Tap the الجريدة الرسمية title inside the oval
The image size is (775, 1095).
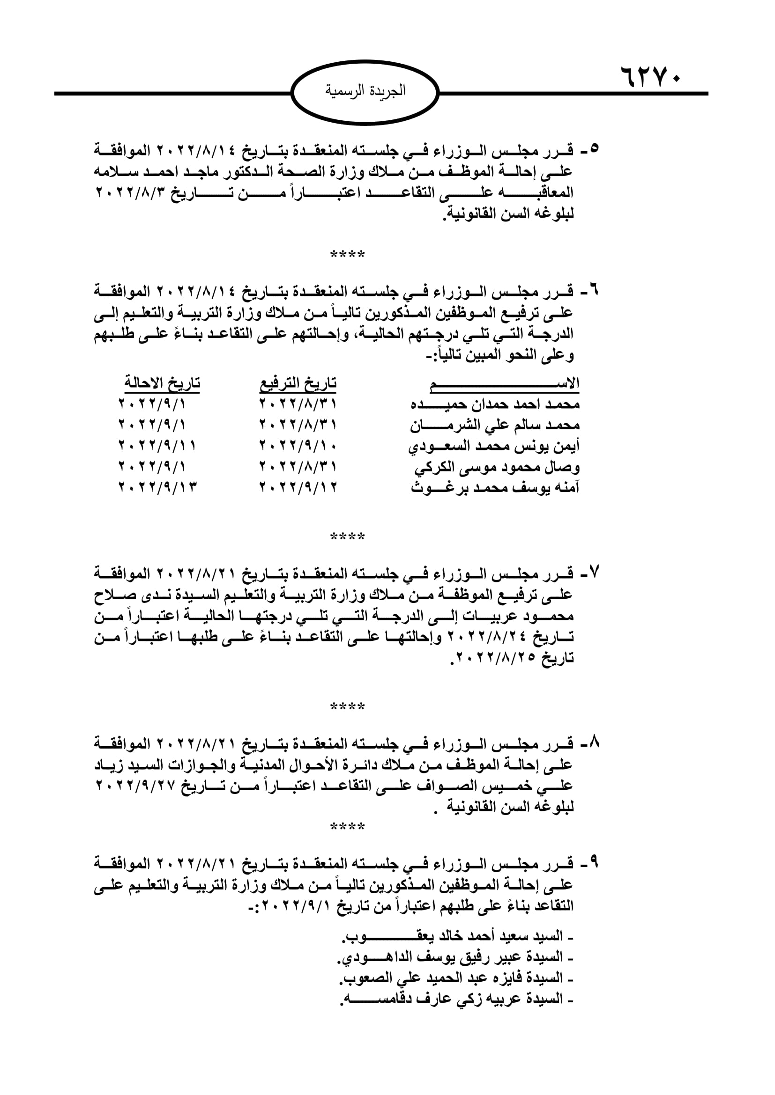pos(365,90)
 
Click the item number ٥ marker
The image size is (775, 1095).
pos(594,149)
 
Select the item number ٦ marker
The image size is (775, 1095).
pos(594,290)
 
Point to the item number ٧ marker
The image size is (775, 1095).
pos(594,572)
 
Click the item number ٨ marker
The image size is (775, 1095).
pos(594,742)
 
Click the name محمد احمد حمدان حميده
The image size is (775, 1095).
pos(495,404)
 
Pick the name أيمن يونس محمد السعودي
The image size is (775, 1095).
pos(494,447)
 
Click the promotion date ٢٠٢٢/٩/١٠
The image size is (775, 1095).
pos(298,447)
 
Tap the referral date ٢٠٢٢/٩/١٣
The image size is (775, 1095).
pos(158,487)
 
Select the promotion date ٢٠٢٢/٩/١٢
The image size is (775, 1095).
pos(298,487)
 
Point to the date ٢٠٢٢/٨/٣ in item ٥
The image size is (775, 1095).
pos(132,193)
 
